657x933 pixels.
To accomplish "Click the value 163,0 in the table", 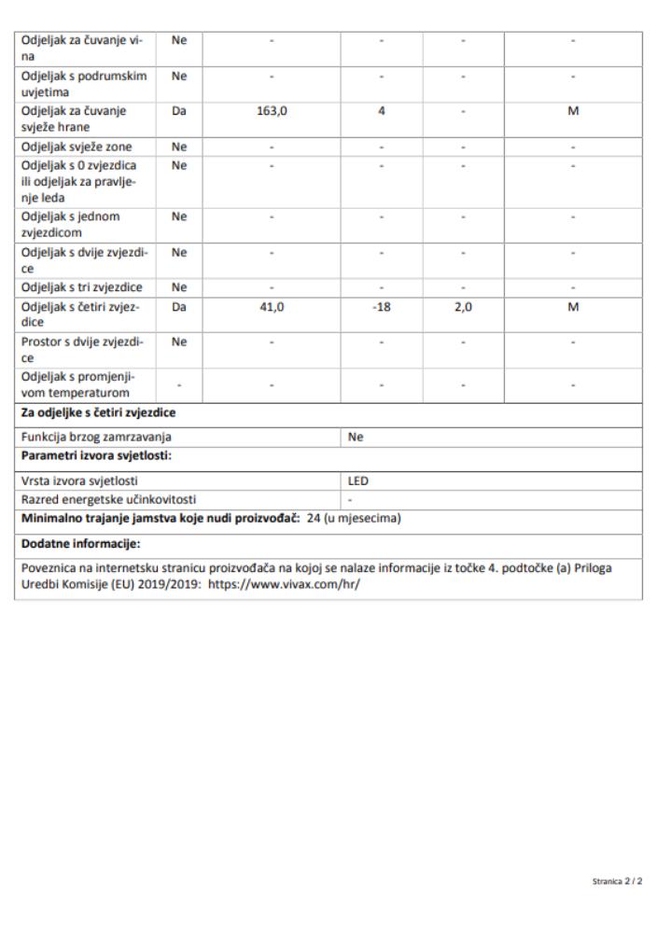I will pyautogui.click(x=271, y=110).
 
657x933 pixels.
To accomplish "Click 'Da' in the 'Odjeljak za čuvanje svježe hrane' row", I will pyautogui.click(x=180, y=110).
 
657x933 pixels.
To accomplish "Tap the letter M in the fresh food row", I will pyautogui.click(x=573, y=110).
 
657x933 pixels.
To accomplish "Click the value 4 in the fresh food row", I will pyautogui.click(x=381, y=110).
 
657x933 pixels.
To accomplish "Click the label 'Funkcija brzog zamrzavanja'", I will pyautogui.click(x=96, y=436).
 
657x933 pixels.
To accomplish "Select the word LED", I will pyautogui.click(x=357, y=480).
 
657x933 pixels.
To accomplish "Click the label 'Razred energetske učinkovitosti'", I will pyautogui.click(x=108, y=499).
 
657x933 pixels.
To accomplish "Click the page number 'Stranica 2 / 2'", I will pyautogui.click(x=617, y=881).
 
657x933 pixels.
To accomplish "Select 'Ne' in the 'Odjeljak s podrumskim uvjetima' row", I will pyautogui.click(x=180, y=75).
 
